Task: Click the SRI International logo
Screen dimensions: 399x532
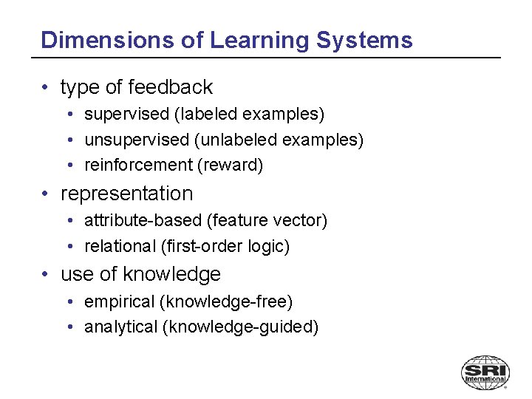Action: coord(485,372)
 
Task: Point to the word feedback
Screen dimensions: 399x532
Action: coord(170,87)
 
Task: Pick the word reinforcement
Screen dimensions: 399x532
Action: coord(138,165)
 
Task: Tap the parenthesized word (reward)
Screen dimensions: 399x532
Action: coord(230,165)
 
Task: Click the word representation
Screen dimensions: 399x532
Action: coord(126,194)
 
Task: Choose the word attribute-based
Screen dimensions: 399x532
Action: coord(143,220)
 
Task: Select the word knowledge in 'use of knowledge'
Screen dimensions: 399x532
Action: coord(171,274)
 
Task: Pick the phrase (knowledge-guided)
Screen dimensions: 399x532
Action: coord(240,327)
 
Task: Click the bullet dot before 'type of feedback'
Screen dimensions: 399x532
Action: coord(46,88)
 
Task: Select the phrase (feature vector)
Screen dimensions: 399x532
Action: coord(267,220)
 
